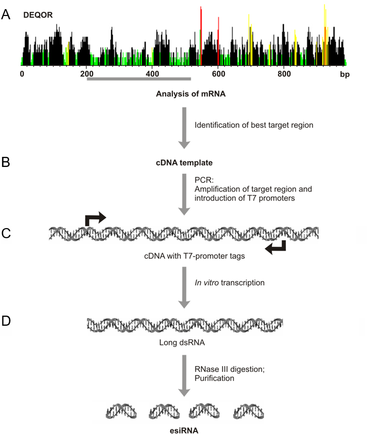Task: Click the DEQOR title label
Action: click(x=38, y=15)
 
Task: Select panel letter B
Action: click(x=6, y=162)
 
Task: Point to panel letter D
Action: click(x=6, y=321)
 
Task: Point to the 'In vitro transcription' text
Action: click(x=229, y=282)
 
